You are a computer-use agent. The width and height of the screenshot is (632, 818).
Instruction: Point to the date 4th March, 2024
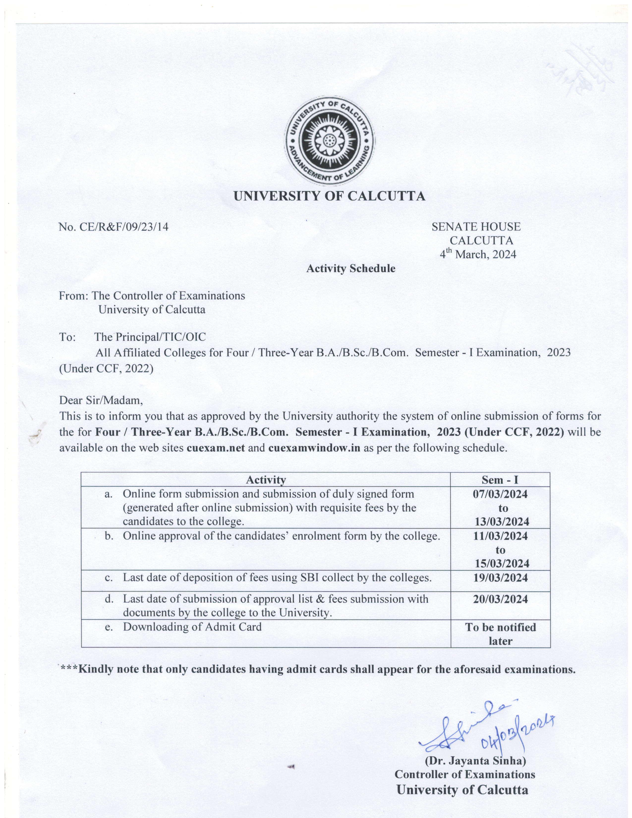coord(478,255)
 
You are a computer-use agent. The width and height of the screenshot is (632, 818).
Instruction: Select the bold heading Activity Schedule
coord(350,268)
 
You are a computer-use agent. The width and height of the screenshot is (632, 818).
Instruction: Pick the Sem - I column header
coord(500,480)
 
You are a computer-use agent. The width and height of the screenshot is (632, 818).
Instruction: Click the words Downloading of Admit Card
coord(192,627)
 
